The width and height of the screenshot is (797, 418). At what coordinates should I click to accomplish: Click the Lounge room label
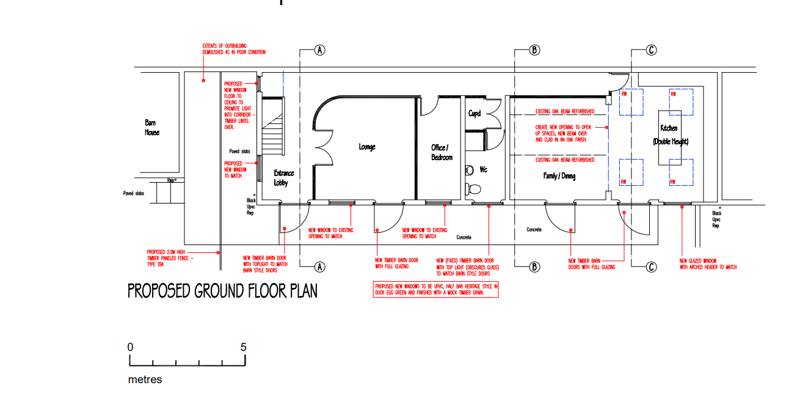367,147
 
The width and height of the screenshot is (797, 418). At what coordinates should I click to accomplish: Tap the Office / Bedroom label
442,152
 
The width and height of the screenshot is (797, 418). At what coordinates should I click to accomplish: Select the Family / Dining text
559,176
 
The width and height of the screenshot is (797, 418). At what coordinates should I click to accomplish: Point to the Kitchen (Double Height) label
670,135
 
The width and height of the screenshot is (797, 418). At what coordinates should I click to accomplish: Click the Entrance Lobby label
283,178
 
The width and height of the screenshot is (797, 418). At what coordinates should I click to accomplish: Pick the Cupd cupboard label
475,114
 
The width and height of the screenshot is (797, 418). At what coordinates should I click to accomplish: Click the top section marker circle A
319,50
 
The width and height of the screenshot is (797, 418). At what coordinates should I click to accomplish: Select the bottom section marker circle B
534,266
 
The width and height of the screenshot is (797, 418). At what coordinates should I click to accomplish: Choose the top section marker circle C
652,50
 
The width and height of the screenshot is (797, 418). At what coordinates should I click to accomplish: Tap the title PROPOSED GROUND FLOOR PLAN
222,291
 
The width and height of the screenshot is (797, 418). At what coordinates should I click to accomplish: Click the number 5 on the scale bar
244,347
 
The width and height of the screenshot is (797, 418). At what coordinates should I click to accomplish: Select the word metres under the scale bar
145,380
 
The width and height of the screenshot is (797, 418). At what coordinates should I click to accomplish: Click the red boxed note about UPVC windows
436,289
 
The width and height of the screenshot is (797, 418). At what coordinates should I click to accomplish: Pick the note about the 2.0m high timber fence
169,258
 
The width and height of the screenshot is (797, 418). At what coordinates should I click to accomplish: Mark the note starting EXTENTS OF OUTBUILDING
234,49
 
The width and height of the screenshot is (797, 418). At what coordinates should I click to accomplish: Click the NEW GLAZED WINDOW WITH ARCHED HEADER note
708,264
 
